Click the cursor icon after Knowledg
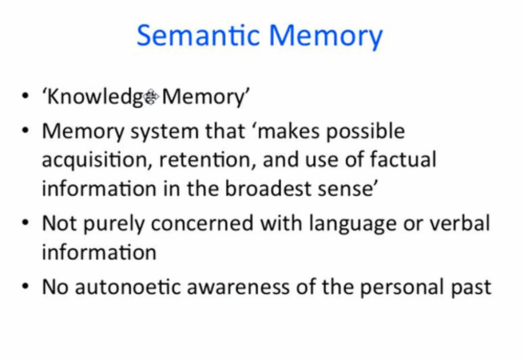[151, 97]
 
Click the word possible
[365, 132]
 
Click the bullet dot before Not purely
[25, 223]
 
